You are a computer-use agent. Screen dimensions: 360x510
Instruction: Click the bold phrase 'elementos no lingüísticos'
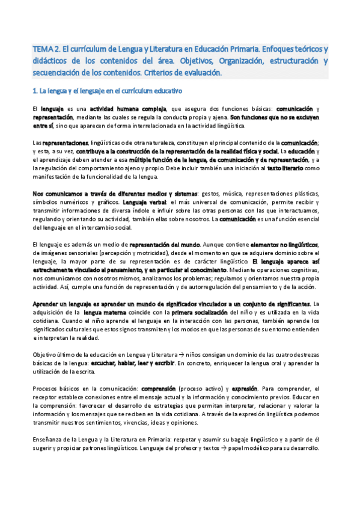pos(287,244)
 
